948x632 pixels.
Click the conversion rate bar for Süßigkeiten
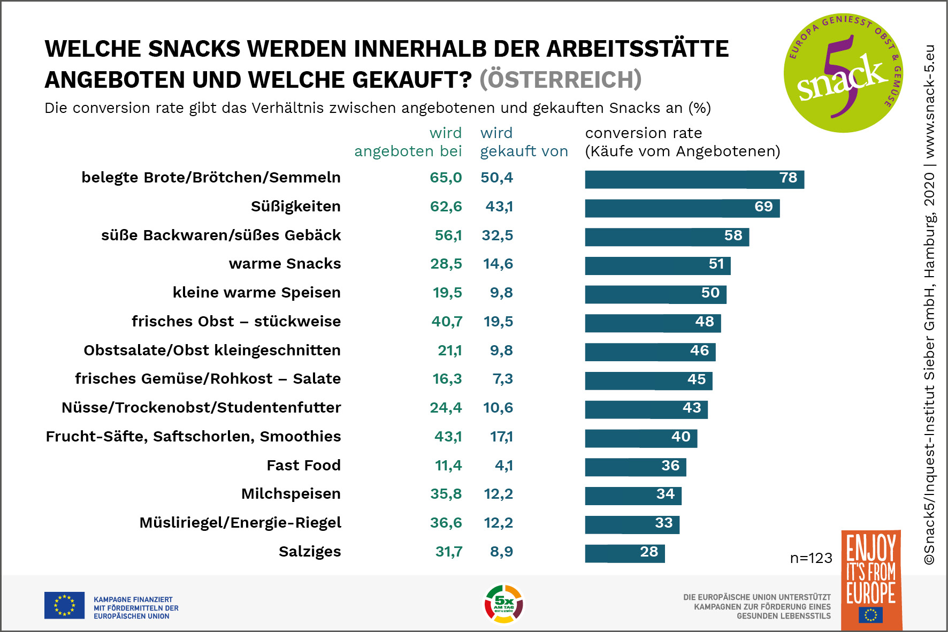682,208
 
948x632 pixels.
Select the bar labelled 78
694,179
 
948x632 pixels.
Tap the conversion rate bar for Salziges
624,553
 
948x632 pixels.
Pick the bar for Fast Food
635,467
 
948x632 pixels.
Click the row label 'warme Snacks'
285,264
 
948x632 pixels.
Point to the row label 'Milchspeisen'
290,494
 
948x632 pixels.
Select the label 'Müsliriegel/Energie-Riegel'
240,523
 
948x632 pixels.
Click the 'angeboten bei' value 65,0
446,178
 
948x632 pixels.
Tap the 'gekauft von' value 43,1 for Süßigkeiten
499,207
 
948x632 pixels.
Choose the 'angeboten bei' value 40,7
447,322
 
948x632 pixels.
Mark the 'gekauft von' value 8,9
501,552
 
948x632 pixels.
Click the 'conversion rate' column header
682,142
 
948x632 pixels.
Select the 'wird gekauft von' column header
523,142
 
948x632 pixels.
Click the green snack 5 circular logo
843,73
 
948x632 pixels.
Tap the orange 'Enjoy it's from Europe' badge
871,580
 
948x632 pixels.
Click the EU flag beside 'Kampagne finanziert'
64,605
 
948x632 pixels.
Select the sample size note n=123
811,559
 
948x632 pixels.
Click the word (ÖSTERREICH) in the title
560,80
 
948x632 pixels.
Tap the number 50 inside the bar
710,293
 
